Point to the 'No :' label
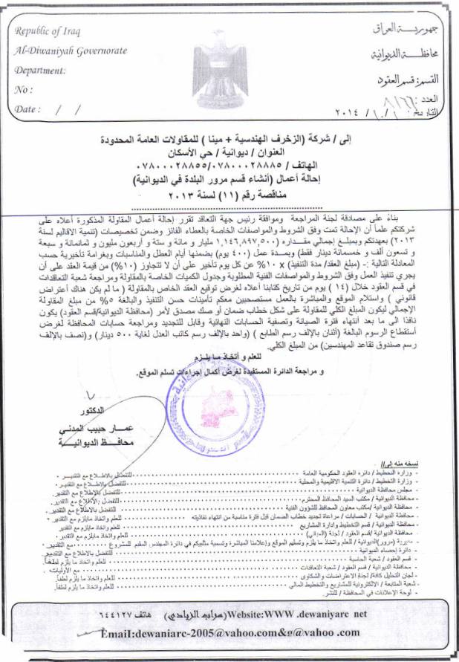24,90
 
